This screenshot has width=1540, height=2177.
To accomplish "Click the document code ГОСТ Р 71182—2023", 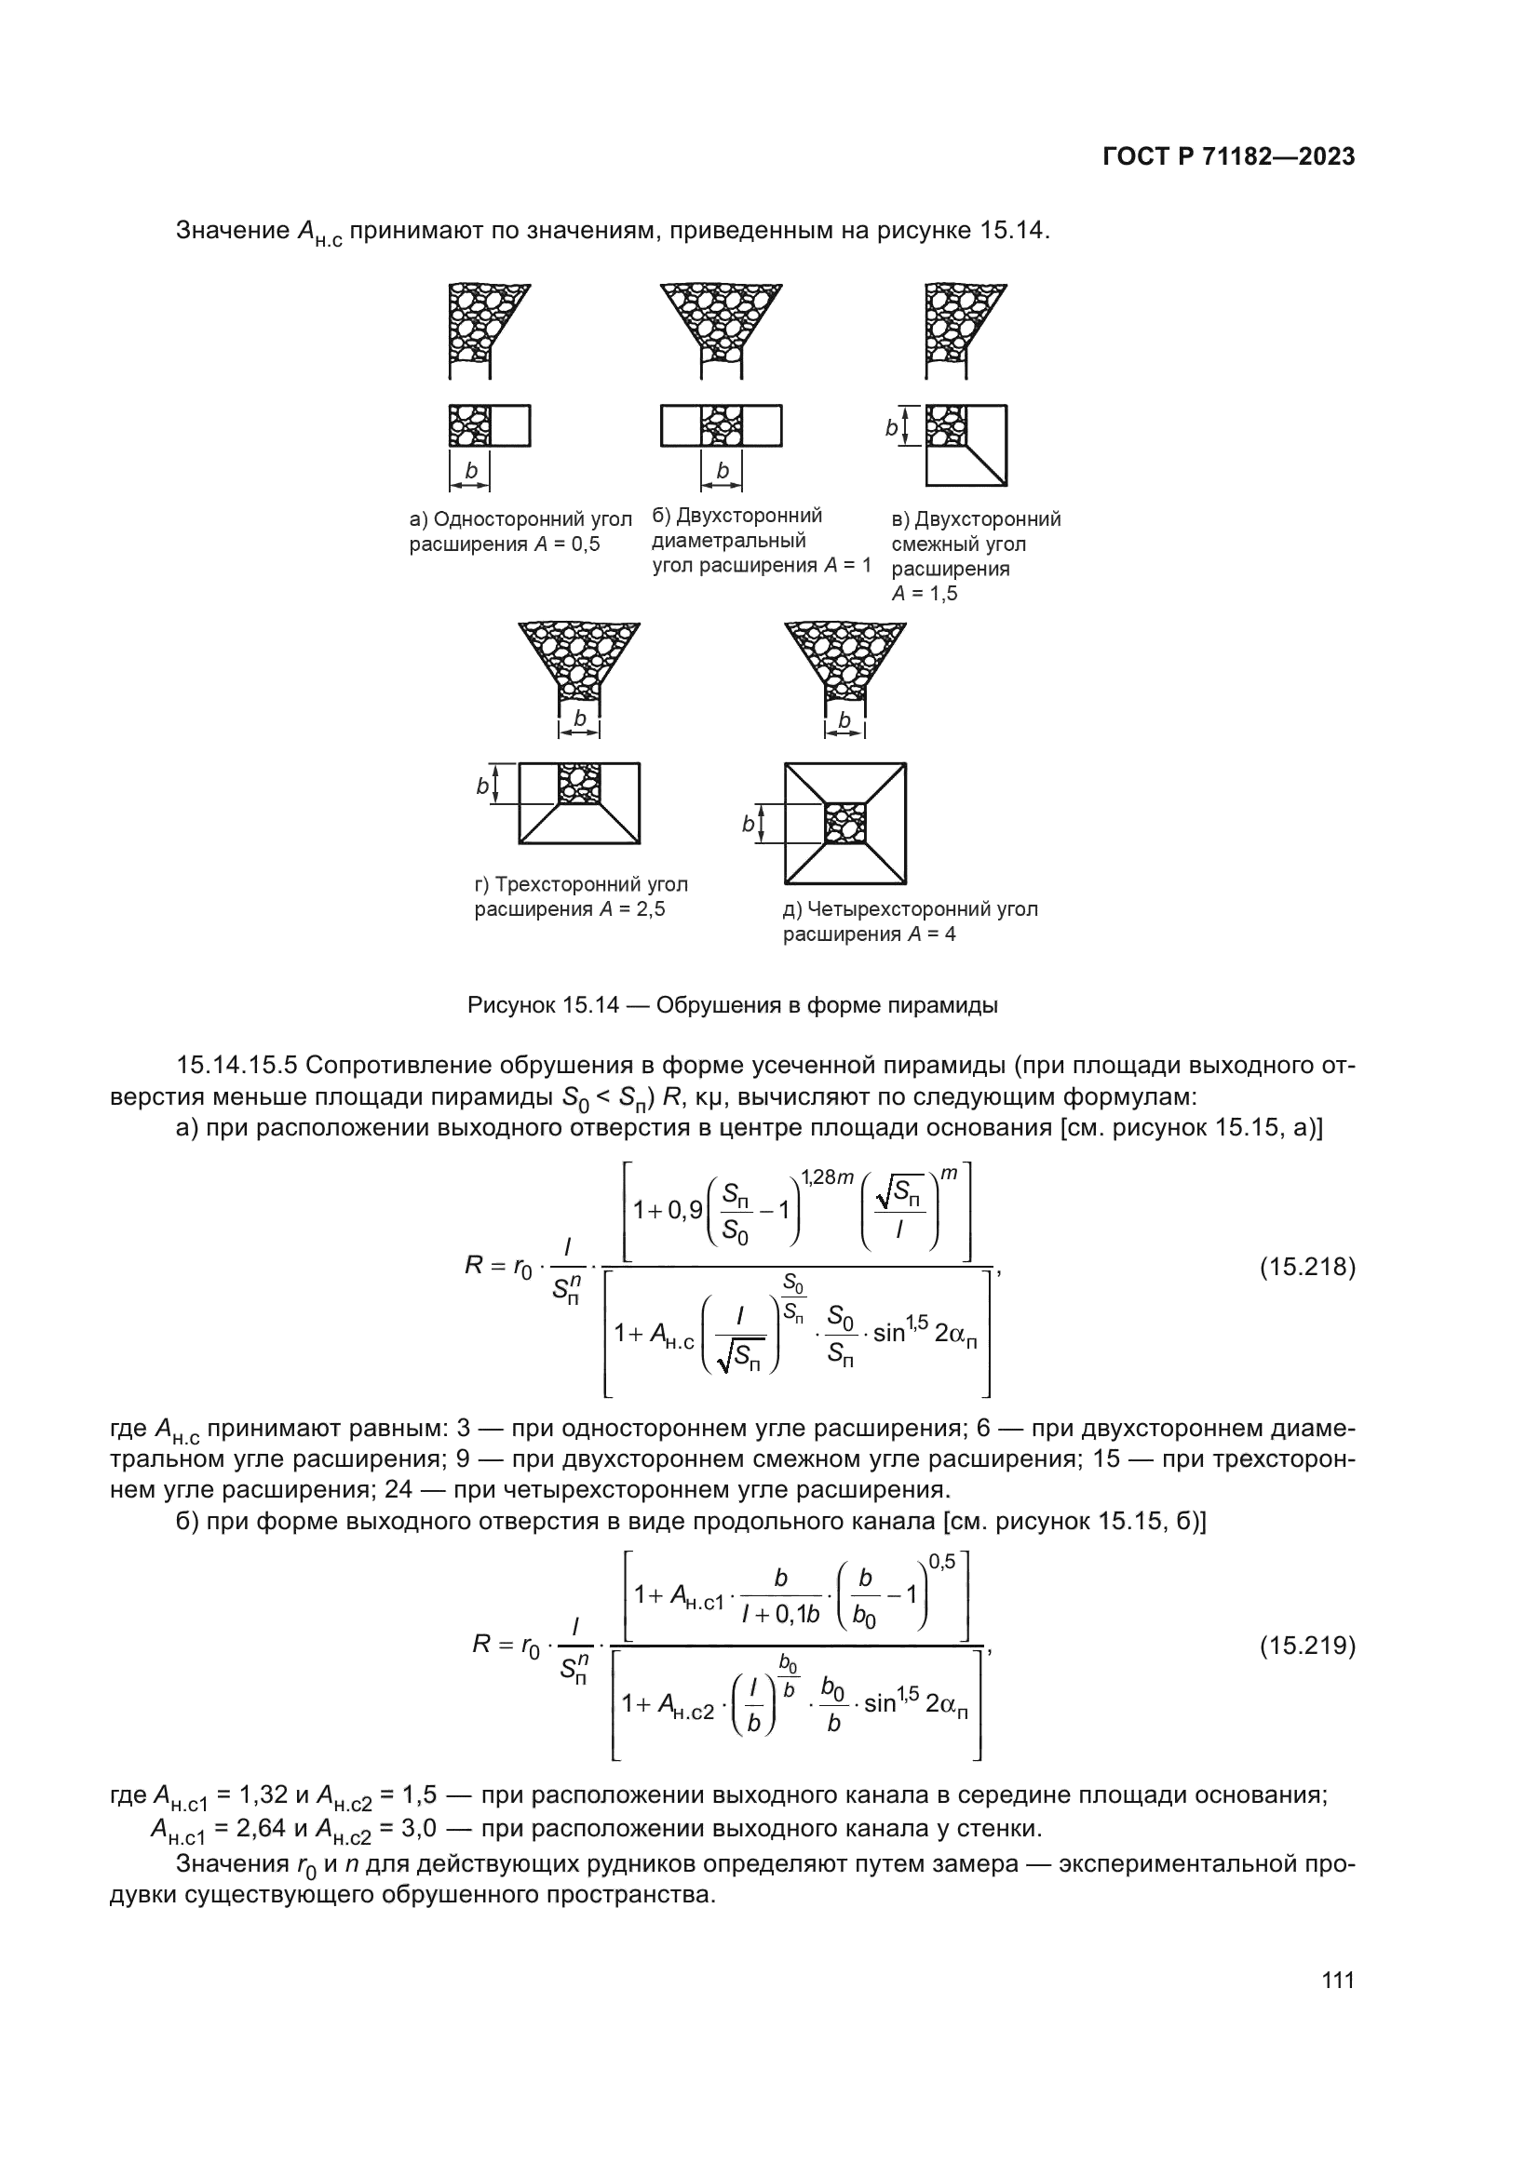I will coord(1229,157).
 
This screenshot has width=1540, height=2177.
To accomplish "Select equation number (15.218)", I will coord(1306,1267).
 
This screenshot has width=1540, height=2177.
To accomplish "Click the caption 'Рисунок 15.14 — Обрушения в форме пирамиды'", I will coord(732,1005).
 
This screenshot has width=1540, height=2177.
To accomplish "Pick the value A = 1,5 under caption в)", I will coord(925,594).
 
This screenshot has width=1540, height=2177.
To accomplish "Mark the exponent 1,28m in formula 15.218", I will coord(826,1177).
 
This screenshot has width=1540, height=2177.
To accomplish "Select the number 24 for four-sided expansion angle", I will coord(399,1489).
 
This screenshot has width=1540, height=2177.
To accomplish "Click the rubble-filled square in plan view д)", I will coord(844,823).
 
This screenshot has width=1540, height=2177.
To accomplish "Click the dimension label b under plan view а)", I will coord(471,471).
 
